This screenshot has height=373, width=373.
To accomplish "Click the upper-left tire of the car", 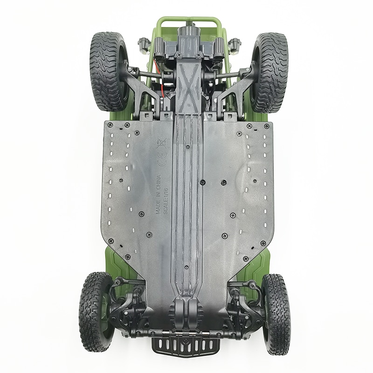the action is coord(108,71).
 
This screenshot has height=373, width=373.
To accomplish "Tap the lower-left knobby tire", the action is coord(95,311).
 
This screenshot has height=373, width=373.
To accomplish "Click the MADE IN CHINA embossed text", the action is coord(158,194).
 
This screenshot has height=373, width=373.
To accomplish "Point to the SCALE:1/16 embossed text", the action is coord(166,201).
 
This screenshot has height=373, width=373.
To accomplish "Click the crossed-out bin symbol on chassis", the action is coord(163,144).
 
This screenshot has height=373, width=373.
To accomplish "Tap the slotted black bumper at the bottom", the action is coord(186,347).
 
